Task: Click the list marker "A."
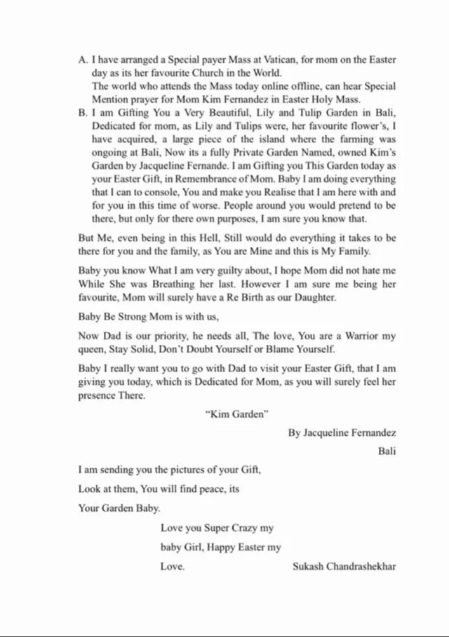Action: point(83,60)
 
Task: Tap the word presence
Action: point(97,395)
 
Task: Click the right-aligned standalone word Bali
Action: point(387,451)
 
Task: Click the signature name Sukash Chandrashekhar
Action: point(344,566)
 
